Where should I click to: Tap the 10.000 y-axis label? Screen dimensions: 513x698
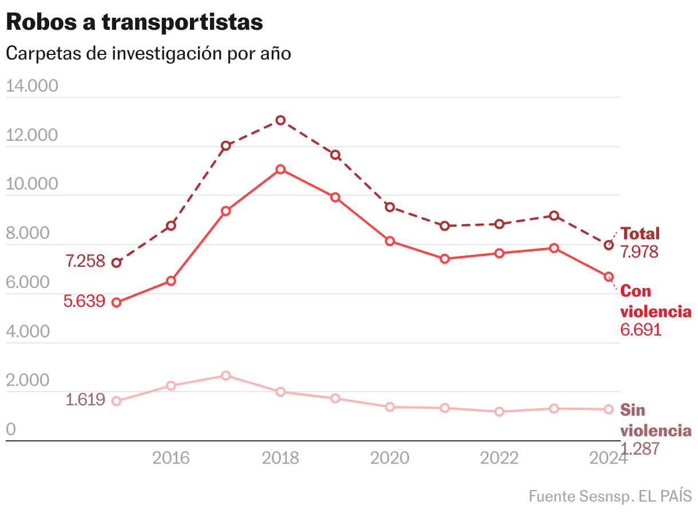[32, 184]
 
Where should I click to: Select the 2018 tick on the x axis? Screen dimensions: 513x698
[280, 458]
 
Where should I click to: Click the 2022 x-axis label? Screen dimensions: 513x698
[499, 458]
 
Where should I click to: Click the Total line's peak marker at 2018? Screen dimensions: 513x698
[280, 120]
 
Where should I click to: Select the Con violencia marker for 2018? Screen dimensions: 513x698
[280, 169]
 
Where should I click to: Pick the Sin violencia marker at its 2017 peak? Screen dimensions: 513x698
[226, 376]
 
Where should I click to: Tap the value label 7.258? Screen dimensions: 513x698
[85, 262]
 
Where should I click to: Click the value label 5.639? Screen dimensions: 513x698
[85, 301]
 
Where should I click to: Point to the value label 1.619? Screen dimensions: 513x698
[85, 400]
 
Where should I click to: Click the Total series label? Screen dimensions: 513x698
[640, 234]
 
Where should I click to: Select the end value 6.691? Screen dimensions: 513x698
[641, 330]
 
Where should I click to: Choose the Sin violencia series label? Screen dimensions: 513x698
[656, 420]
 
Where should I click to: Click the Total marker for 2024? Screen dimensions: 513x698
[609, 245]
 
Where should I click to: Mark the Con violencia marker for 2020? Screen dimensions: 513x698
[390, 241]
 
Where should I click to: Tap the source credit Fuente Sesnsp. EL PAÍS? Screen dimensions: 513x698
[610, 495]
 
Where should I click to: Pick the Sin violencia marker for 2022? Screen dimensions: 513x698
[499, 412]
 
